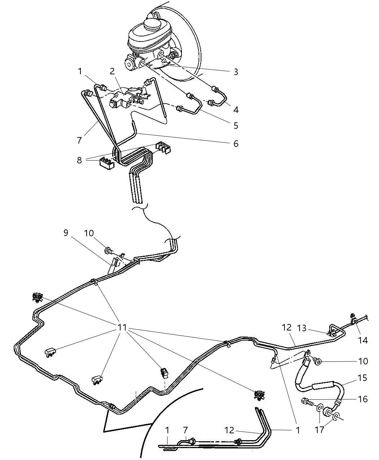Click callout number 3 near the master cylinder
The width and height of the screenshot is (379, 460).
pos(236,72)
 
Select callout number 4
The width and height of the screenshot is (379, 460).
pos(236,109)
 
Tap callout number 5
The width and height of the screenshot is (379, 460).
pos(236,126)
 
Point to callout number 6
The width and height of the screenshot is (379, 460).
pos(236,144)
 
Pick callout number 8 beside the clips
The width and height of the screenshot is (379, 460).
pos(79,160)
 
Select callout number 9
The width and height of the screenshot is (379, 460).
pos(66,233)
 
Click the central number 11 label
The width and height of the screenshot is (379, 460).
pos(122,328)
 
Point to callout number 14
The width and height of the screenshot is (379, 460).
pos(363,340)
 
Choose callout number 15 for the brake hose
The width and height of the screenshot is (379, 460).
pos(362,378)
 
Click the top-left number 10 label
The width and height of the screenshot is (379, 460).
pos(89,233)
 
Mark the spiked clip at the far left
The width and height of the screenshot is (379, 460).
pos(36,297)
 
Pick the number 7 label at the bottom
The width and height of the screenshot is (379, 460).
pos(185,430)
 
